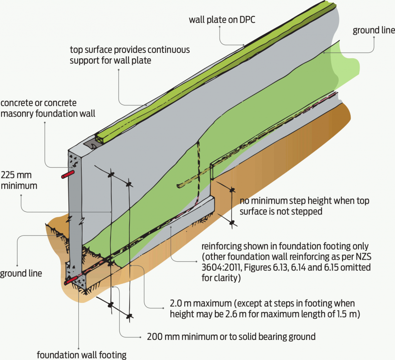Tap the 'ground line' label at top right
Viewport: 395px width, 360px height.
pyautogui.click(x=373, y=30)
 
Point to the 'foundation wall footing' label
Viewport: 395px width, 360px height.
pyautogui.click(x=81, y=354)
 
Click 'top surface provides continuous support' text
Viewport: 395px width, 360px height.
pyautogui.click(x=130, y=55)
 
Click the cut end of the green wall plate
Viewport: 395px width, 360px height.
pyautogui.click(x=100, y=137)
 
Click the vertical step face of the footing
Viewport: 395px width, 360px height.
pyautogui.click(x=212, y=181)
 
